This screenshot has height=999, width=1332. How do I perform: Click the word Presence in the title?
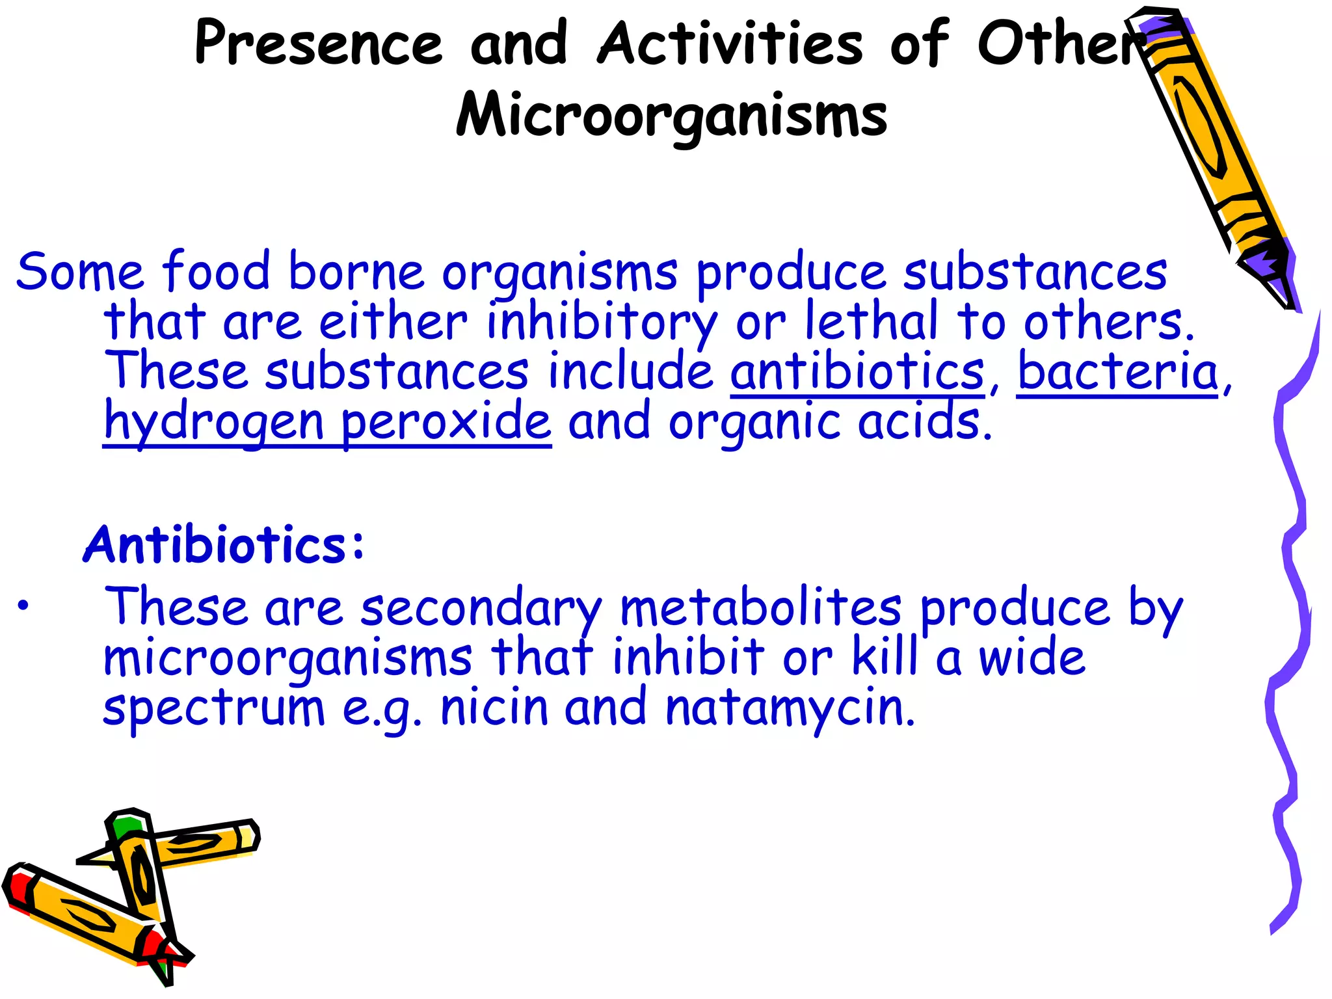(318, 43)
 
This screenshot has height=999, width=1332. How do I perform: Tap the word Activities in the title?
(730, 43)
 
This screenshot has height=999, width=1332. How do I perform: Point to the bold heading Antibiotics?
(224, 545)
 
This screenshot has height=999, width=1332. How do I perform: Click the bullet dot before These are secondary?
(23, 606)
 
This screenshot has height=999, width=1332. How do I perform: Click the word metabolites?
(760, 608)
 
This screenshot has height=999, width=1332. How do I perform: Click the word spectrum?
(214, 709)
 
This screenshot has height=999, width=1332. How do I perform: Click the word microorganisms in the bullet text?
(288, 658)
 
